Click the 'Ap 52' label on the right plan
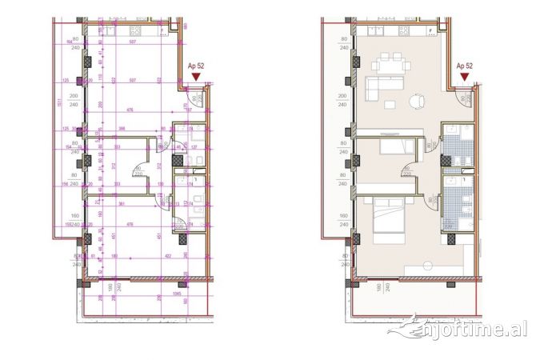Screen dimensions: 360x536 [465, 66]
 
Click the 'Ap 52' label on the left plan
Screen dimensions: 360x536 [195, 66]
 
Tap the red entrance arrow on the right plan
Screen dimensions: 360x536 [465, 77]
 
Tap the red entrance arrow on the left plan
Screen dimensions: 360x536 [195, 77]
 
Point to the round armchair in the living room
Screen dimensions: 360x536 [416, 102]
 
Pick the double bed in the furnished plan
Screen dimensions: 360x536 [391, 215]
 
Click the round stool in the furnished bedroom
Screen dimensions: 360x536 [428, 264]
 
